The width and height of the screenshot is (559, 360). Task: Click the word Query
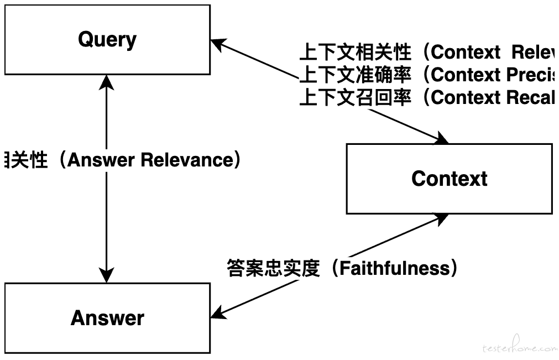point(107,40)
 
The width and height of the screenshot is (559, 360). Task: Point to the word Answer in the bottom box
point(107,318)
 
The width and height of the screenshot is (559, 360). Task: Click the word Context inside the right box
point(449,179)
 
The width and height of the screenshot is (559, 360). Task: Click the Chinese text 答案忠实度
point(273,269)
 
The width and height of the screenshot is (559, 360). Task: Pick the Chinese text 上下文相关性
point(355,53)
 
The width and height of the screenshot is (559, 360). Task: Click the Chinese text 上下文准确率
point(355,75)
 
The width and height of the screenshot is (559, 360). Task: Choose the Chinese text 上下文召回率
point(355,97)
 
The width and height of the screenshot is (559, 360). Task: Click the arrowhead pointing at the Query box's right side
point(218,43)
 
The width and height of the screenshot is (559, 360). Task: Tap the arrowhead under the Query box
point(106,81)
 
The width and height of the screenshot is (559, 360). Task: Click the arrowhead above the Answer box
point(106,275)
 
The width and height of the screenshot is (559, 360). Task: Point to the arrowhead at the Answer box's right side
point(218,313)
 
